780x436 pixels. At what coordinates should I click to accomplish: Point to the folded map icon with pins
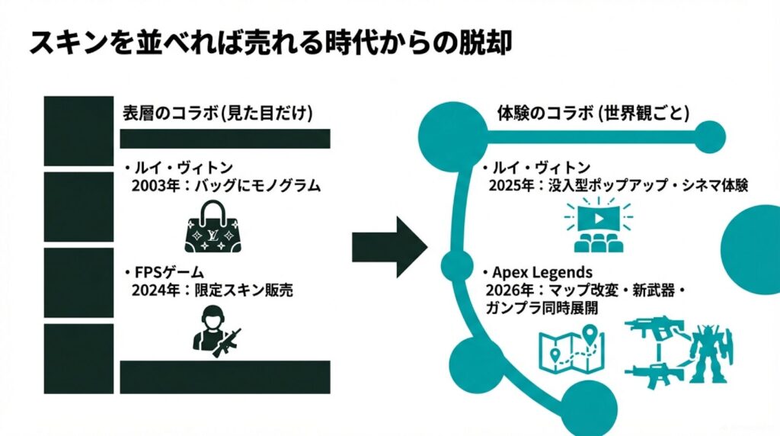[571, 348]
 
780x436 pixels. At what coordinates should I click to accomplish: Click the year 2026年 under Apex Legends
[506, 290]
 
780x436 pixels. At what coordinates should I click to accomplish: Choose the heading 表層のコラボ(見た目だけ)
[217, 113]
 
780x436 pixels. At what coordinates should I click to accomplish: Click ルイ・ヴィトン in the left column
[180, 167]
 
